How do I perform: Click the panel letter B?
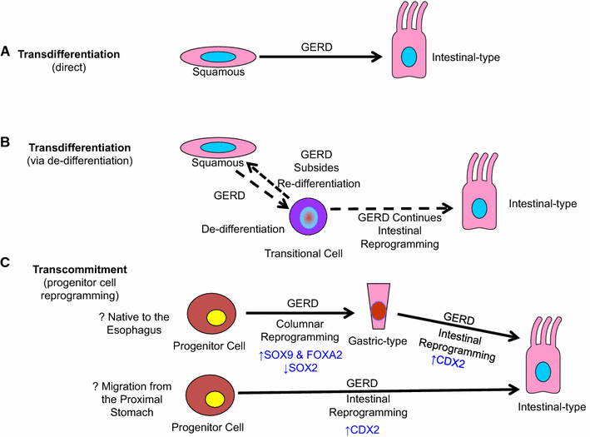point(7,142)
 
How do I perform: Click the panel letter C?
point(7,260)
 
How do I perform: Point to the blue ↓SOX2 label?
point(302,370)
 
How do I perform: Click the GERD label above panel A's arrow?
point(320,47)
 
